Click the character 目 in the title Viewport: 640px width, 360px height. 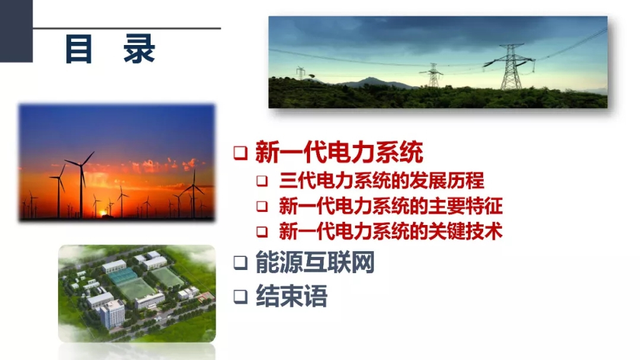tap(78, 49)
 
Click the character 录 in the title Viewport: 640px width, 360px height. tap(139, 49)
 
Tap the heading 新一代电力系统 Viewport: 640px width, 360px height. tap(339, 152)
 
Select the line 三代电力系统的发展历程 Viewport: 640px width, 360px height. tap(382, 181)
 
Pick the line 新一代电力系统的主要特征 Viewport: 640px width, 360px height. tap(391, 206)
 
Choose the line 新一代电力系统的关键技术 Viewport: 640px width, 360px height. tap(391, 231)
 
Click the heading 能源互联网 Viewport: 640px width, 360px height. tap(315, 262)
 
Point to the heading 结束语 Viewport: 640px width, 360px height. tap(291, 296)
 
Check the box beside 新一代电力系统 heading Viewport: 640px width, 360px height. tap(241, 153)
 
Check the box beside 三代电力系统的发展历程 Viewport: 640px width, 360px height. tap(262, 181)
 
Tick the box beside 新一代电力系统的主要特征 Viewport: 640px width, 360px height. tap(262, 206)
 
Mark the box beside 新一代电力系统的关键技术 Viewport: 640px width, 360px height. tap(262, 232)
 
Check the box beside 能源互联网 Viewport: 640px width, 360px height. tap(241, 263)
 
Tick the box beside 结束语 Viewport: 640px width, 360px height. tap(241, 297)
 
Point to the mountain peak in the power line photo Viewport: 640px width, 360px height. tap(369, 78)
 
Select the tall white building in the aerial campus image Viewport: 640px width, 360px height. tap(112, 314)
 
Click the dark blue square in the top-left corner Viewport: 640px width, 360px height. tap(16, 31)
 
